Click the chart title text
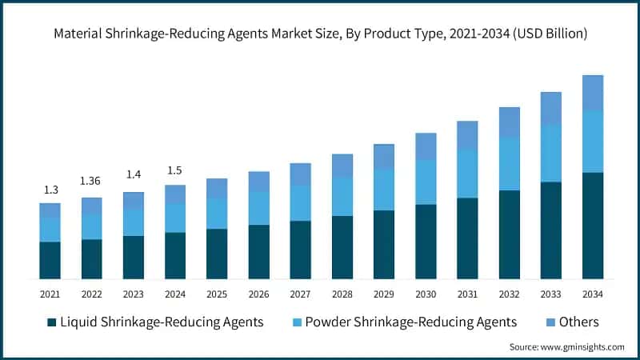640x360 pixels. [320, 34]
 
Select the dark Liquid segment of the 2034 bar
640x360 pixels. [592, 226]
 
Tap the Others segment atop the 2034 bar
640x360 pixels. [592, 93]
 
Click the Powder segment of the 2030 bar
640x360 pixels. [426, 182]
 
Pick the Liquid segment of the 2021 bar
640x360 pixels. [50, 260]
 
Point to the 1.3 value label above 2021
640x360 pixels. [50, 190]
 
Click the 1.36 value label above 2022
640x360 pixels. [91, 181]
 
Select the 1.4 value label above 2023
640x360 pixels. [133, 174]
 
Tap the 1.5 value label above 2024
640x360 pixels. [174, 170]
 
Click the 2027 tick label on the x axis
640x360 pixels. [300, 294]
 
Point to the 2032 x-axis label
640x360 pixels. [509, 294]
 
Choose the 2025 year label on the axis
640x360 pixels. [217, 294]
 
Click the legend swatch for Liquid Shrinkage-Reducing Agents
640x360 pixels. [52, 322]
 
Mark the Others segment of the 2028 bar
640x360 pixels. [342, 166]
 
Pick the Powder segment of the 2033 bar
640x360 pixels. [550, 154]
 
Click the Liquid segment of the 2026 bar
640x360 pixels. [258, 252]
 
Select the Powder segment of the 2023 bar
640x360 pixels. [133, 222]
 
